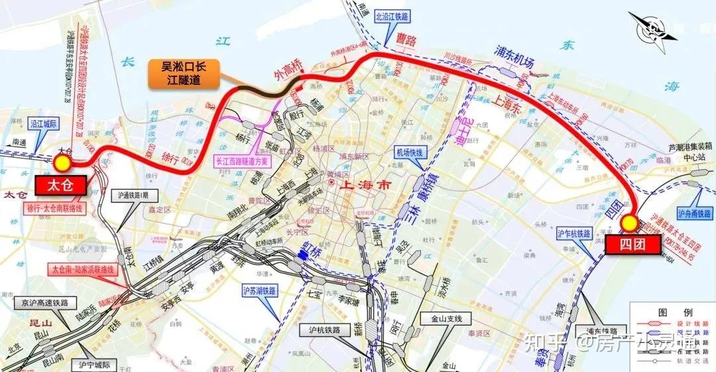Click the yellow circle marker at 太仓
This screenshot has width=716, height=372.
click(x=63, y=162)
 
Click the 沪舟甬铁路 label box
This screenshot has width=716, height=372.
click(x=693, y=214)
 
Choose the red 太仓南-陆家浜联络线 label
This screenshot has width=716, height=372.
click(x=84, y=270)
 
